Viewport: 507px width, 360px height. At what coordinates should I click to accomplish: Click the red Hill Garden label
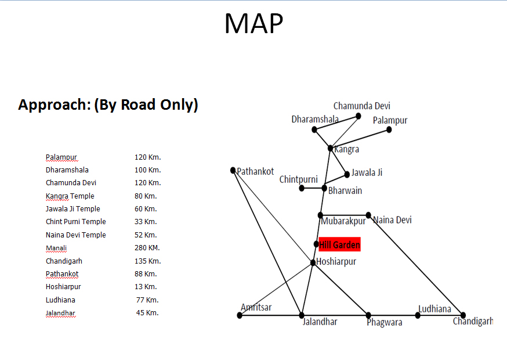(x=339, y=244)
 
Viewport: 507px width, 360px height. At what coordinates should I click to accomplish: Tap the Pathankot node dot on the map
(x=233, y=171)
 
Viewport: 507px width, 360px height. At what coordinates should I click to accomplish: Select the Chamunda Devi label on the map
(x=361, y=106)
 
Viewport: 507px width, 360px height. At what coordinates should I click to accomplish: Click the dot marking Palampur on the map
(x=389, y=129)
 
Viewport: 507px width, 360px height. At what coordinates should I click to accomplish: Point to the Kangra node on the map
(x=330, y=148)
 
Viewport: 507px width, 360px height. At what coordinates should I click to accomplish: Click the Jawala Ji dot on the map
(x=347, y=174)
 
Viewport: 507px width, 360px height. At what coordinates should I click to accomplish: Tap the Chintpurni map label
(x=298, y=179)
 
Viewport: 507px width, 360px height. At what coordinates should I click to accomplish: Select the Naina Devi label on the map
(x=392, y=220)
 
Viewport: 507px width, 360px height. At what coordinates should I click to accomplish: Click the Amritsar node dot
(x=240, y=315)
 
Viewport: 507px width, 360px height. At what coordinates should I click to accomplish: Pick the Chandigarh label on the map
(x=473, y=321)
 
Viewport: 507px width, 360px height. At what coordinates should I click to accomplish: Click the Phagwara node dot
(x=368, y=315)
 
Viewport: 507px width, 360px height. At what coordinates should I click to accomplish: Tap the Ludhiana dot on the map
(x=418, y=315)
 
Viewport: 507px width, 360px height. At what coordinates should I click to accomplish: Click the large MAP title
(x=253, y=24)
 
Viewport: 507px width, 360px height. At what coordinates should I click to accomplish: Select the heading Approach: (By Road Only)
(x=108, y=105)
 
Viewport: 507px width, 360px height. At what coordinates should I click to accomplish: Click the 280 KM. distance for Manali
(x=147, y=248)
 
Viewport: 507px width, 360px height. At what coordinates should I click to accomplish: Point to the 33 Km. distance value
(x=146, y=222)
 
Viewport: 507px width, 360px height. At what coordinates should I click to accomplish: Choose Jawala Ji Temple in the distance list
(x=73, y=209)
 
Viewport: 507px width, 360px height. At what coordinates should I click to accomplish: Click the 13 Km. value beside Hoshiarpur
(x=146, y=287)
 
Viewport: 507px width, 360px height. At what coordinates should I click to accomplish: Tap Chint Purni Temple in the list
(x=76, y=222)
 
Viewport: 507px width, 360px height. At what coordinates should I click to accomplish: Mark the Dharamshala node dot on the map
(x=314, y=129)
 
